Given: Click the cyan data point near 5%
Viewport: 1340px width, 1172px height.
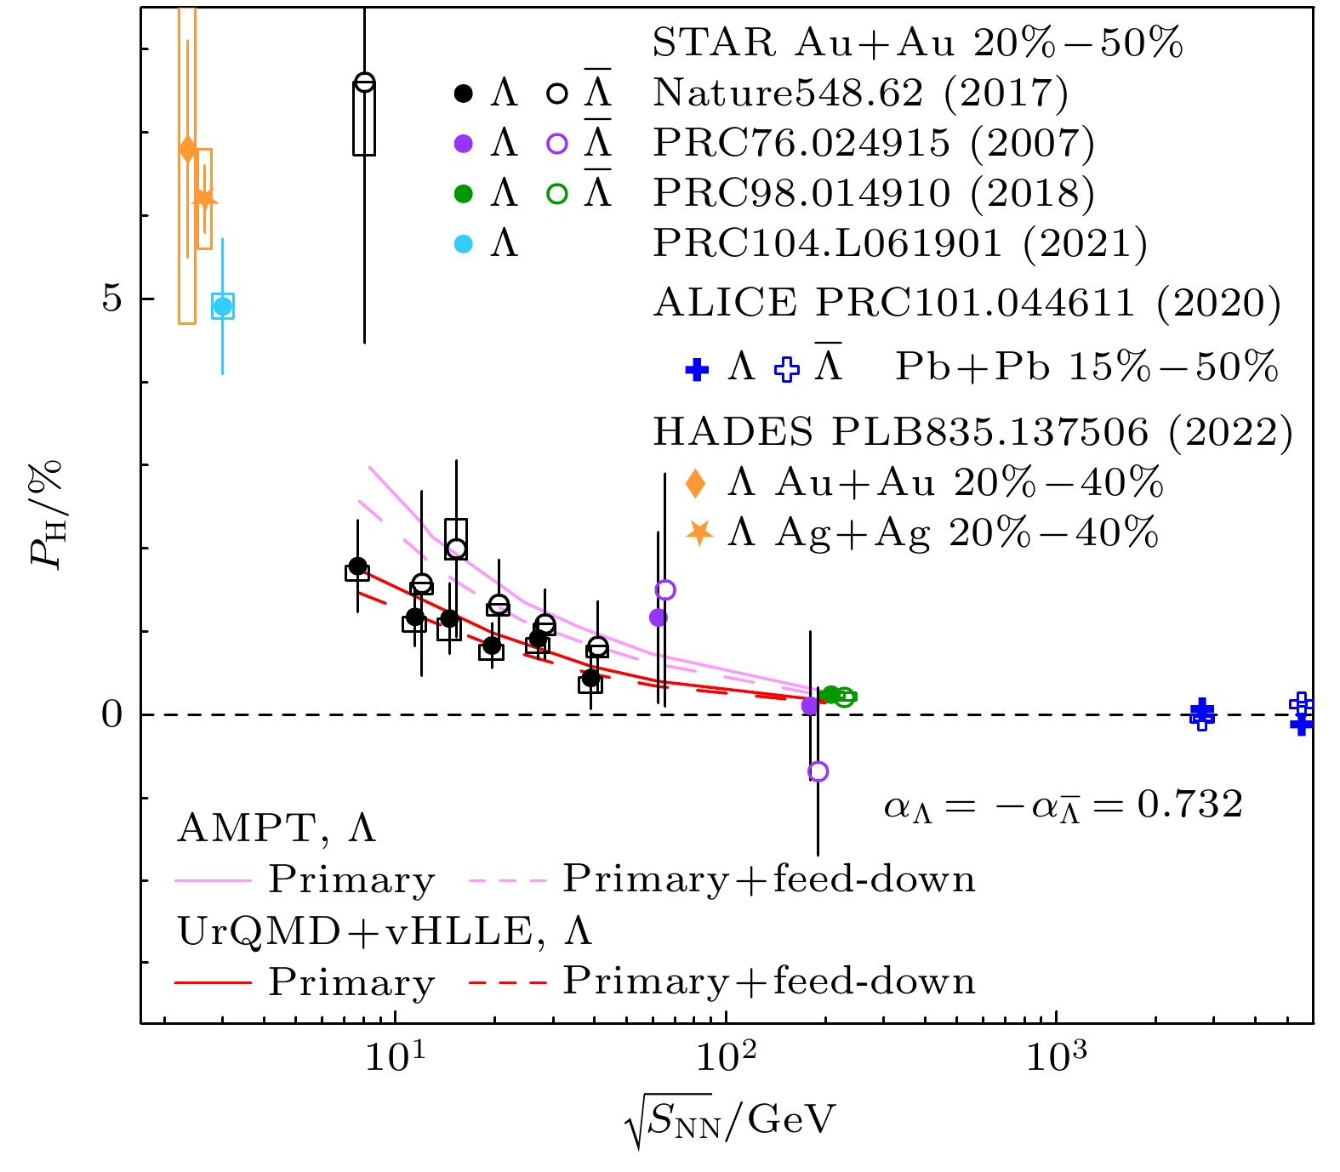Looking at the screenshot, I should (223, 306).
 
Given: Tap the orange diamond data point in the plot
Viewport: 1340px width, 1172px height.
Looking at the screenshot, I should (188, 150).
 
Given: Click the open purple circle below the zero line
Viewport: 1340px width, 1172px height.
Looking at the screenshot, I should (818, 771).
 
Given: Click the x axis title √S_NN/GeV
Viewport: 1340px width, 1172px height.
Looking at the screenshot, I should (729, 1121).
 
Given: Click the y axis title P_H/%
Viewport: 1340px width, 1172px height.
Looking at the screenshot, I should (47, 514).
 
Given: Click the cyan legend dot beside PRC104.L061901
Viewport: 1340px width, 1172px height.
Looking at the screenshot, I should (464, 244).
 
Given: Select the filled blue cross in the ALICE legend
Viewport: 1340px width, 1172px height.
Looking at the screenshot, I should (697, 370).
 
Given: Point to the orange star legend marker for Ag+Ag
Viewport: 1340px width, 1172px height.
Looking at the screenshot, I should (699, 532).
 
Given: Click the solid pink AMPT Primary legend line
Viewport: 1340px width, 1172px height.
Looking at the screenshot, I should (214, 881).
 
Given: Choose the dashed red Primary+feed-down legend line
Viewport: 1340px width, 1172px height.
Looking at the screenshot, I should (507, 983).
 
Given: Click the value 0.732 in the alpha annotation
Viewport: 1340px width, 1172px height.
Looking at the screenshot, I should (1189, 804).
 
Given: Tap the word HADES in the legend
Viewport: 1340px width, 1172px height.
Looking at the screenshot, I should (732, 433).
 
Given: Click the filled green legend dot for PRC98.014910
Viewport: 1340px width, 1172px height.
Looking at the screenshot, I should (464, 194).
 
